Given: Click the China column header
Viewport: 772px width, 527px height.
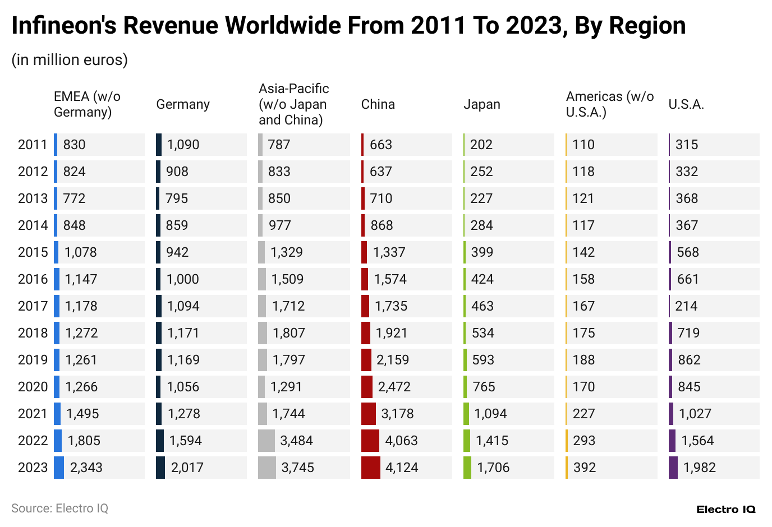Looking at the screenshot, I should [378, 104].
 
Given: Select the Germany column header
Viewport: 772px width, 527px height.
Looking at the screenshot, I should [183, 104].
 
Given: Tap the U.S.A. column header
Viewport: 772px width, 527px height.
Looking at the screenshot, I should [686, 104].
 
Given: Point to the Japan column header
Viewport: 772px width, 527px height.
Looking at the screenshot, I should [481, 104].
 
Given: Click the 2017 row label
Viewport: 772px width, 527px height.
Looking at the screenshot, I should [33, 306].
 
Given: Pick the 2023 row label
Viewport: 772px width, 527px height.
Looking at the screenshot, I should [33, 468].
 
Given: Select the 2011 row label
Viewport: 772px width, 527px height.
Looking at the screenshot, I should [33, 145].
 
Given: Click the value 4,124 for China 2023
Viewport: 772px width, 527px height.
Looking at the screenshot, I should [401, 468].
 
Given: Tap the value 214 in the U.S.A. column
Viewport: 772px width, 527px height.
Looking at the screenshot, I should [686, 306].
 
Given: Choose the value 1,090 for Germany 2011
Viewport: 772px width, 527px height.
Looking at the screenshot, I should [183, 145].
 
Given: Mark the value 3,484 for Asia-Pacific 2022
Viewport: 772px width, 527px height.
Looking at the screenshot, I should [296, 441].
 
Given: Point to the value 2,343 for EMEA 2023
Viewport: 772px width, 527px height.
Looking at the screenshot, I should [86, 468].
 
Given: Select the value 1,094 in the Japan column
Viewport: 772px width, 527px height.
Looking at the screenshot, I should [490, 414].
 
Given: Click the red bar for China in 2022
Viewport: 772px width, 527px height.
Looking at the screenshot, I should [370, 441].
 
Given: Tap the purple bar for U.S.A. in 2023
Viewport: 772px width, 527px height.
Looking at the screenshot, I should [673, 468].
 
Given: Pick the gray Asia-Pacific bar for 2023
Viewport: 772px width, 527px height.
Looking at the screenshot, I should [267, 468].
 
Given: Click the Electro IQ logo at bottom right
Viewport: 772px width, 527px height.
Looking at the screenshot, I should [725, 510].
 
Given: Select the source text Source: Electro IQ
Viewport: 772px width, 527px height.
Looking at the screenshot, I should [59, 508].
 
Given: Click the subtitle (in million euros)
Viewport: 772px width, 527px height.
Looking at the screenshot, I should [70, 59].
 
